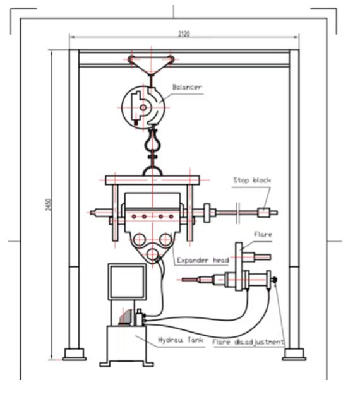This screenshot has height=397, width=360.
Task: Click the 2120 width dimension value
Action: pyautogui.click(x=184, y=33)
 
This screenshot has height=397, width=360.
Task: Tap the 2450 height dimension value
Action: pyautogui.click(x=49, y=204)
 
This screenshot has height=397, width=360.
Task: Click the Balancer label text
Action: pyautogui.click(x=187, y=87)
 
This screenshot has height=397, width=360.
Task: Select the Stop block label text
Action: pyautogui.click(x=252, y=181)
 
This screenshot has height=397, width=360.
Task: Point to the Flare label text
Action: pyautogui.click(x=263, y=235)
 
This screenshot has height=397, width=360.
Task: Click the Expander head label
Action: pyautogui.click(x=203, y=260)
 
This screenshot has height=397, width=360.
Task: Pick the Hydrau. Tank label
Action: pyautogui.click(x=181, y=340)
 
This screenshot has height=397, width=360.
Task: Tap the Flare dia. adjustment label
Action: pyautogui.click(x=248, y=342)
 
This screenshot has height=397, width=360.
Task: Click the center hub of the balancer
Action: pyautogui.click(x=143, y=107)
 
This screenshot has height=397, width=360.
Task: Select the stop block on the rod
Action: pyautogui.click(x=264, y=213)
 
